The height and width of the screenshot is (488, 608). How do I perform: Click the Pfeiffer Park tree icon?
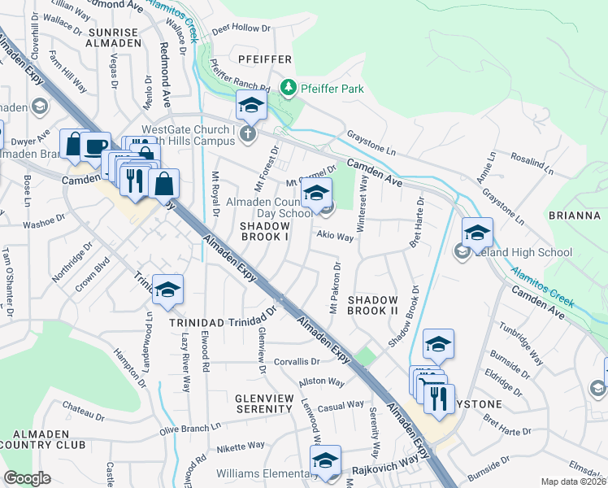pos(286,86)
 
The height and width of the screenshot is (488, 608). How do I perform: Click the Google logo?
pos(27,477)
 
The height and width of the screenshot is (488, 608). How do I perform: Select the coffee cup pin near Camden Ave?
pos(95,146)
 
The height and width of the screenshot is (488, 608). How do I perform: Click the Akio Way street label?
pos(335,237)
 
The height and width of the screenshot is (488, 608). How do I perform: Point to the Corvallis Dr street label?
pos(297,361)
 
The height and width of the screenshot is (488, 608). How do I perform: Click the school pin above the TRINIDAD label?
pos(167,290)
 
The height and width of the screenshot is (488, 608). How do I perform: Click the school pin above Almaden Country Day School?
pos(316,192)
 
